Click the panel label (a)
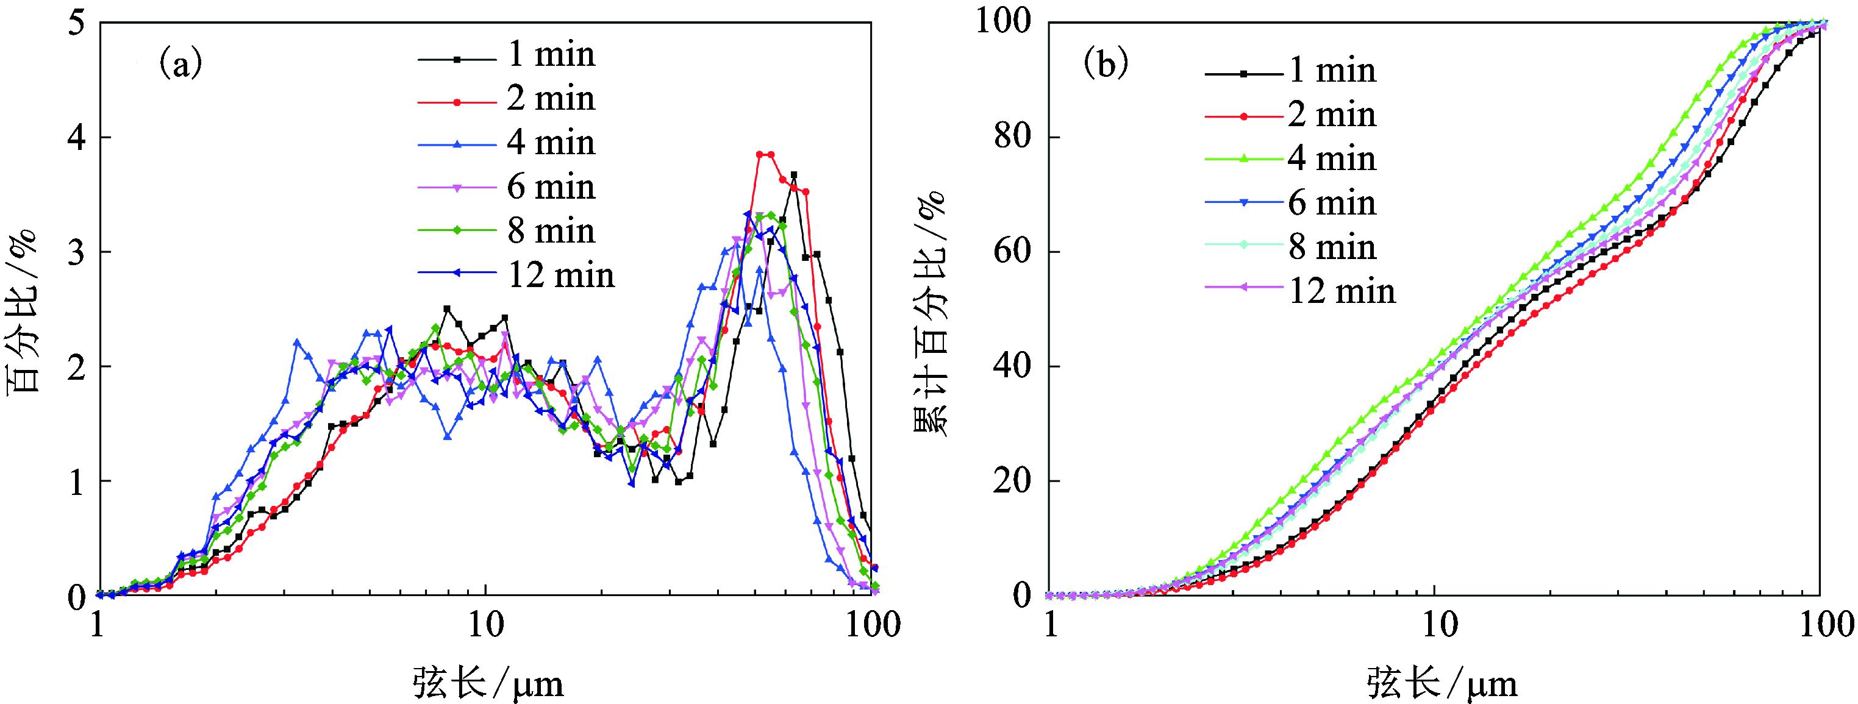[x=180, y=66]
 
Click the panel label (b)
[x=1106, y=66]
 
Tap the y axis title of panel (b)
[x=931, y=310]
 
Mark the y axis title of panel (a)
[x=23, y=310]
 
